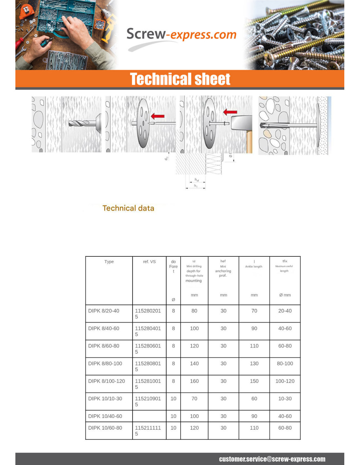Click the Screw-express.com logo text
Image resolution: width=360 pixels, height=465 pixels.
[x=181, y=34]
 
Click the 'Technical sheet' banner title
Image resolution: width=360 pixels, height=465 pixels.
[x=180, y=79]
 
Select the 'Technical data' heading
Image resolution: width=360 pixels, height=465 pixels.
[x=128, y=208]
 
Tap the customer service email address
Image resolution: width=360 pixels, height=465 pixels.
[x=272, y=459]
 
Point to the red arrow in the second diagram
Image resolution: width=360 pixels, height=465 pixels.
[x=158, y=116]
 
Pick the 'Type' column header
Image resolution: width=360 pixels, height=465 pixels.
[x=109, y=262]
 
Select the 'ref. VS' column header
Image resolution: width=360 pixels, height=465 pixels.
[x=149, y=262]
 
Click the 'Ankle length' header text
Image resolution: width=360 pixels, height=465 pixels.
[x=254, y=266]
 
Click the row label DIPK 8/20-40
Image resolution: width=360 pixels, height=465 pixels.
[x=104, y=311]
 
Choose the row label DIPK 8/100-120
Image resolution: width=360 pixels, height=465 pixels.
[x=107, y=381]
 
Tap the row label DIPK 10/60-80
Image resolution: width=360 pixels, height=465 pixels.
[x=105, y=428]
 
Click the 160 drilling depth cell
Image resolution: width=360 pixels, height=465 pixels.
[x=194, y=381]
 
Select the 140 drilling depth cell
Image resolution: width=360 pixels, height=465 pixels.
[x=194, y=363]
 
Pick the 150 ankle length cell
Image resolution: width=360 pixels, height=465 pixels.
[x=254, y=381]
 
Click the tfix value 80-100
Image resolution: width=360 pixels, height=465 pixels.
[x=285, y=363]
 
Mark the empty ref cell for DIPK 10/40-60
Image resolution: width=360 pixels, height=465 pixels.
[x=149, y=416]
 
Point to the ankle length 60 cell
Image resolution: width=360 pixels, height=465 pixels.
[x=254, y=399]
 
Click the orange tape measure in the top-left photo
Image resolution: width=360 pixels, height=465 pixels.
[x=26, y=11]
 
